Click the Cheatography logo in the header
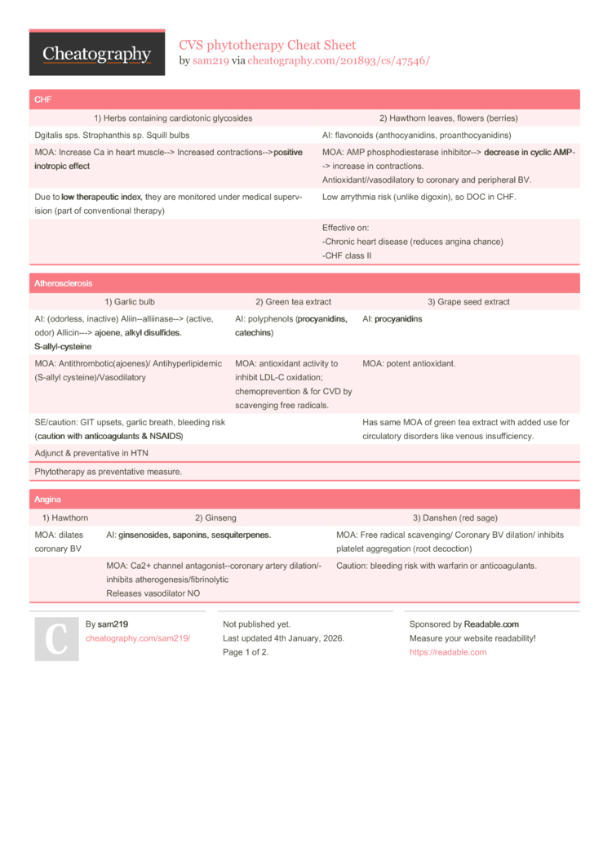coord(96,54)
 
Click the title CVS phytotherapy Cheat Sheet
coord(267,45)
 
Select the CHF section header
coord(42,100)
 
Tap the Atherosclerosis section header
coord(64,283)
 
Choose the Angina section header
coord(47,499)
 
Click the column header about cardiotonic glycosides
coord(173,118)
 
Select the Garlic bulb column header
coord(130,301)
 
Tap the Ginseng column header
coord(215,517)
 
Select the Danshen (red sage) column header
coord(455,517)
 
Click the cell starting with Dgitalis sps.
coord(113,135)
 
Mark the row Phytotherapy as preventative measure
coord(109,472)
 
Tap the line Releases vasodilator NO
coord(153,593)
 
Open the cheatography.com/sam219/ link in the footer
coord(138,638)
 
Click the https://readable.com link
coord(447,652)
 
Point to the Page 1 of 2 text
coord(246,652)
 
